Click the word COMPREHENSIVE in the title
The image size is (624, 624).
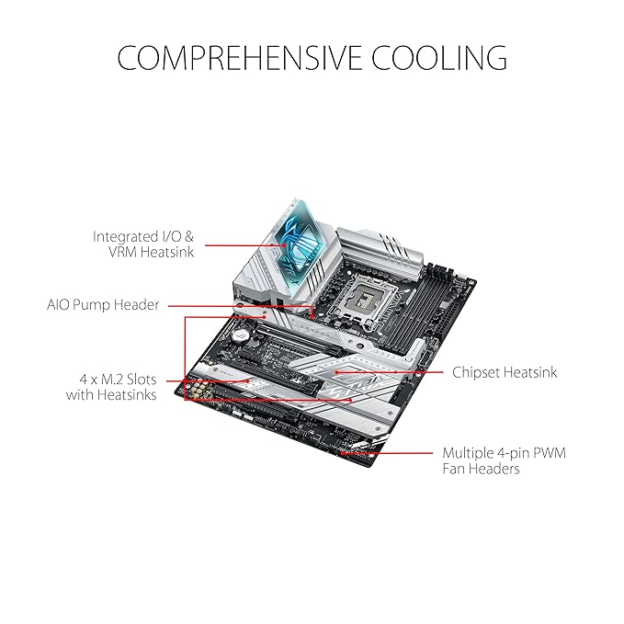click(x=239, y=58)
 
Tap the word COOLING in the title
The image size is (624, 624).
click(x=439, y=58)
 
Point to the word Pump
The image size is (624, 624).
click(x=92, y=305)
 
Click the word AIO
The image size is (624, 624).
click(x=58, y=305)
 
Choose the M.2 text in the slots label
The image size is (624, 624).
click(x=113, y=380)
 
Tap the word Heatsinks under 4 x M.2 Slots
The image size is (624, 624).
click(x=127, y=395)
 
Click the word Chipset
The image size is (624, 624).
click(x=475, y=373)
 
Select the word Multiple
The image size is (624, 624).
click(x=468, y=454)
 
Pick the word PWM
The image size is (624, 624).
click(x=550, y=453)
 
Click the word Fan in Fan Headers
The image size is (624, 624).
click(x=452, y=469)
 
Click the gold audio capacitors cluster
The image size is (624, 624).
click(x=198, y=390)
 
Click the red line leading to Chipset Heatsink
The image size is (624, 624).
click(x=390, y=372)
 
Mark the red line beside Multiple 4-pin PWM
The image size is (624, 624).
click(x=386, y=453)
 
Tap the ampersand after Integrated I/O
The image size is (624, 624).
click(x=189, y=237)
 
